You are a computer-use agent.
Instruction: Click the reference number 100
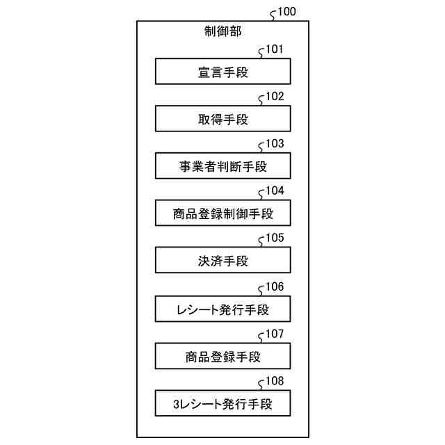286,11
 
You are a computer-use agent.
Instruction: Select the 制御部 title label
222,32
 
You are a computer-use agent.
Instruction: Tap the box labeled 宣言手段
222,72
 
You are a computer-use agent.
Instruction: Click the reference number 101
275,50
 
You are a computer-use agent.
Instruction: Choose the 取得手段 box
222,119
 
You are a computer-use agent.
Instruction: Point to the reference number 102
275,97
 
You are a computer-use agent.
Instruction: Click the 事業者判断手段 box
222,166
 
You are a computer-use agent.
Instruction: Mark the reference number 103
275,145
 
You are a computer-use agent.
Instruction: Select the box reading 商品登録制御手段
222,213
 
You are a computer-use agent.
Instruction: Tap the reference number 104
275,192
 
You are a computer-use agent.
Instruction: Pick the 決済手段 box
222,261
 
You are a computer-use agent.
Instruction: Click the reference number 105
275,239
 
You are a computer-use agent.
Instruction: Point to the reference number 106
275,286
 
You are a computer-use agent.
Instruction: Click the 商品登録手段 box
222,357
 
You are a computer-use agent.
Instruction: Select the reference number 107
275,334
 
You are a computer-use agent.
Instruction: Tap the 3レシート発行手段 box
222,404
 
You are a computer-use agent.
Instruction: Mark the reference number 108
275,382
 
